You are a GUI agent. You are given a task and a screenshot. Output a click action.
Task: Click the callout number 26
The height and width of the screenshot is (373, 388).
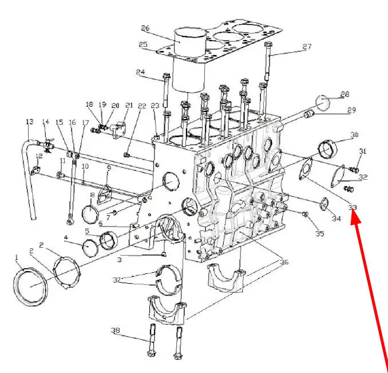coord(145,28)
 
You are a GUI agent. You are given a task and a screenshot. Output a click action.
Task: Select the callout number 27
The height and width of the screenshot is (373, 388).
coord(307,47)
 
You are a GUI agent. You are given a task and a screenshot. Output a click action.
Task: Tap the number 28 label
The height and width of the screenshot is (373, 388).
coord(345,94)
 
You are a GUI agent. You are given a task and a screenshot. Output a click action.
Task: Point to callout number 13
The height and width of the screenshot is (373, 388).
coord(30,122)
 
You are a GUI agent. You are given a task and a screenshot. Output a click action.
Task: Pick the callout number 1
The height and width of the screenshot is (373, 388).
coord(17,257)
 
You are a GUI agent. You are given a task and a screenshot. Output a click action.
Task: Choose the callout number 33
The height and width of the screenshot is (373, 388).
coord(353,207)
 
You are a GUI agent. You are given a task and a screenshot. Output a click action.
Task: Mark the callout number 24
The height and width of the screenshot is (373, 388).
coord(141,72)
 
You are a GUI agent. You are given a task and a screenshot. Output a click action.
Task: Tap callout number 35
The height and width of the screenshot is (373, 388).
coord(319,233)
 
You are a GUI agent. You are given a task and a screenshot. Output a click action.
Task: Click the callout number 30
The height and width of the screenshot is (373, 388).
coord(354,135)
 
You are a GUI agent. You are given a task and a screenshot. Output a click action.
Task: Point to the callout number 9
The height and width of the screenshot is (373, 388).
coord(109,168)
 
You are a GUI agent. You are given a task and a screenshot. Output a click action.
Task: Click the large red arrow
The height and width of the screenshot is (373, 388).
coord(371,286)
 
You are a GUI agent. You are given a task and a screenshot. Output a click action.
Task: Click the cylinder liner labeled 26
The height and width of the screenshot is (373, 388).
coord(189,60)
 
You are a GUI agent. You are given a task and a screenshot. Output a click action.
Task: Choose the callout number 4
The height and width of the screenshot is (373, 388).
coord(66,237)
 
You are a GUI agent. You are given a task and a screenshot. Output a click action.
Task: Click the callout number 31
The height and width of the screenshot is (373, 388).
coord(362,151)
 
